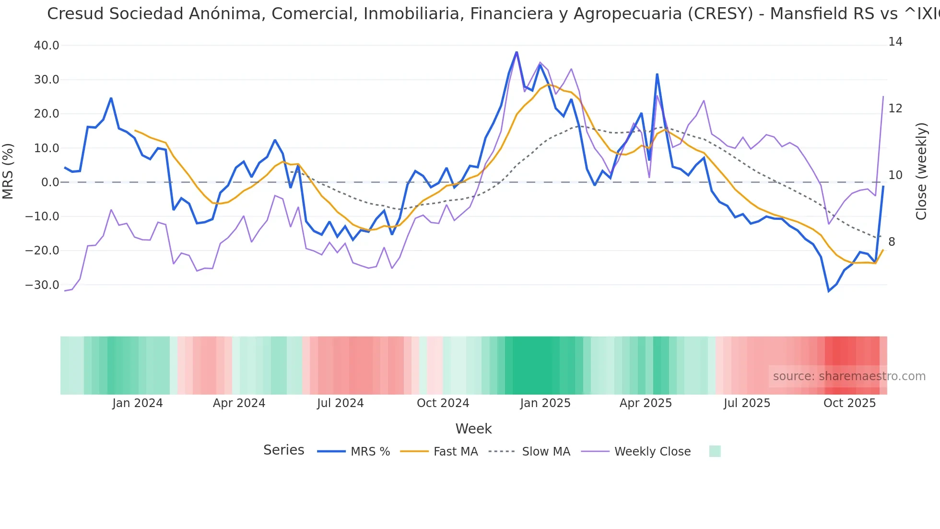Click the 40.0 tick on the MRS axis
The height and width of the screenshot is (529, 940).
coord(47,46)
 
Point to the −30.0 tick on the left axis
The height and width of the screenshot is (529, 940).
coord(42,285)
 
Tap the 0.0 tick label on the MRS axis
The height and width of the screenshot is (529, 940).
coord(50,182)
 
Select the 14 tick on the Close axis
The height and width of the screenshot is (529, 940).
coord(895,42)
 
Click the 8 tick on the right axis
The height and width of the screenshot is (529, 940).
coord(892,242)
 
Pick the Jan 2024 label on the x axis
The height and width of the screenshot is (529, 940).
coord(138,403)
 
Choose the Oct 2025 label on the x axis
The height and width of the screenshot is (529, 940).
coord(849,403)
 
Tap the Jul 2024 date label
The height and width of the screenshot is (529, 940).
coord(340,403)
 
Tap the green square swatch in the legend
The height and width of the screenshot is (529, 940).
coord(715,451)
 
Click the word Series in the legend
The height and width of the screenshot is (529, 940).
coord(283,450)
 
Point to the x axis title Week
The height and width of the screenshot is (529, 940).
coord(473,429)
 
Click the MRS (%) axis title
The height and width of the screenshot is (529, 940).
coord(8,171)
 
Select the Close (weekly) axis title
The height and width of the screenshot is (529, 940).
coord(921,171)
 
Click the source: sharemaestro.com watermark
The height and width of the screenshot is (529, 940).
coord(849,376)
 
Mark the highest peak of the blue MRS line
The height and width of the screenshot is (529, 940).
coord(517,52)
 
